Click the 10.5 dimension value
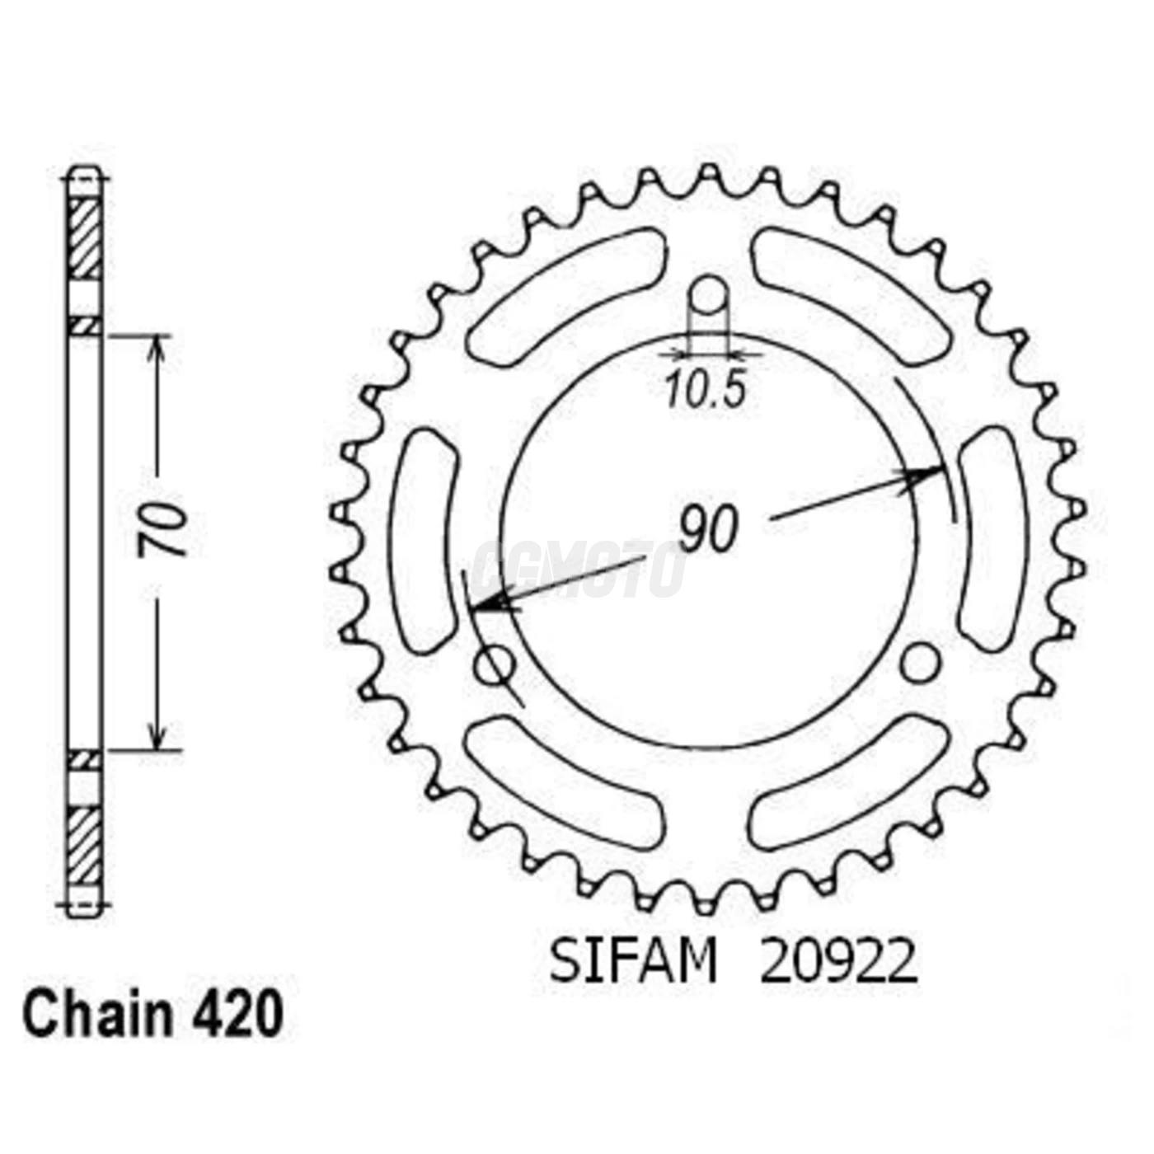[706, 390]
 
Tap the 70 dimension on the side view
[163, 532]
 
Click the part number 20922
[837, 962]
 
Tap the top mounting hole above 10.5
[709, 294]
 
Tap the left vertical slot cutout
[427, 540]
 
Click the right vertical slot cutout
[992, 540]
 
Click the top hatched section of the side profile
[84, 238]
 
